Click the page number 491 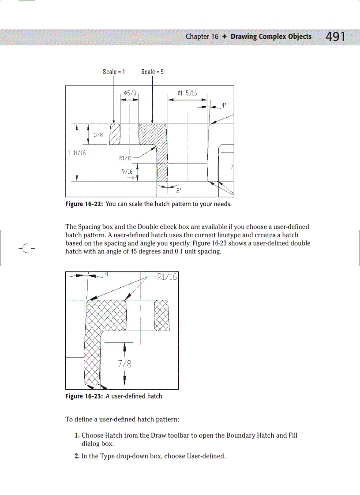point(335,37)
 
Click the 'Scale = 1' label point(114,71)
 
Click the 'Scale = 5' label point(152,71)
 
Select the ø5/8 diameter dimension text point(130,93)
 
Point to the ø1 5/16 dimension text point(187,93)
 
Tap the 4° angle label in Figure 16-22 point(224,105)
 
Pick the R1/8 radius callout point(126,157)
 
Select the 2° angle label point(179,191)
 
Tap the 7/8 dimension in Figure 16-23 point(125,364)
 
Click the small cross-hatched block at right point(161,315)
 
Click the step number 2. point(77,456)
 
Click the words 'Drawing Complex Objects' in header point(271,37)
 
